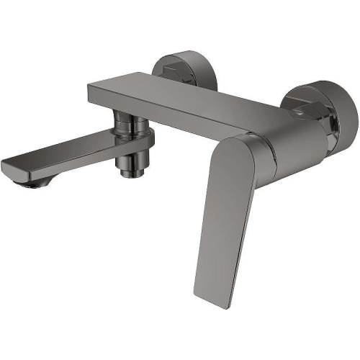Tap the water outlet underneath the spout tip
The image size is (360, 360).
[x=32, y=183]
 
